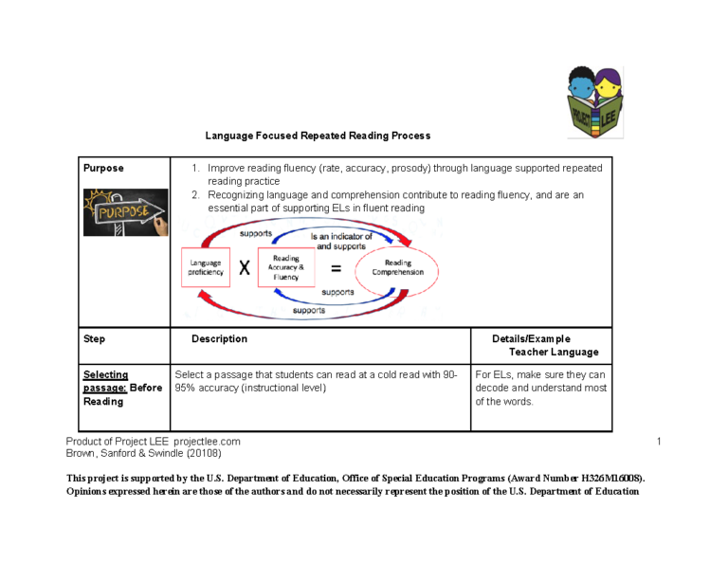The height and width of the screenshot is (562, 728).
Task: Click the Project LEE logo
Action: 595,101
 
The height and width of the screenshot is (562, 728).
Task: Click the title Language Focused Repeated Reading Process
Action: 318,136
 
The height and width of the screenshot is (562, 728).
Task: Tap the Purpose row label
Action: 103,168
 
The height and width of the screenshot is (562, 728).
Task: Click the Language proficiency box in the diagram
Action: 206,267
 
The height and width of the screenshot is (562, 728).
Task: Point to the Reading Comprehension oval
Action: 398,267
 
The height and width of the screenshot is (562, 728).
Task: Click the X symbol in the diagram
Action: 245,268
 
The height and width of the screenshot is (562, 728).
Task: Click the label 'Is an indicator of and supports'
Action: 344,241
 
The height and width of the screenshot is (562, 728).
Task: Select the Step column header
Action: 95,338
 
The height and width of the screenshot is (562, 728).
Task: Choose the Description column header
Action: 219,338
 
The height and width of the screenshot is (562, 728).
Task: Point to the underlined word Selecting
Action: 105,374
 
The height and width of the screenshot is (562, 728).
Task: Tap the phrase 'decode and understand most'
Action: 541,388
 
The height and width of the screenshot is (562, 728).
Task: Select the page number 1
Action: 655,442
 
